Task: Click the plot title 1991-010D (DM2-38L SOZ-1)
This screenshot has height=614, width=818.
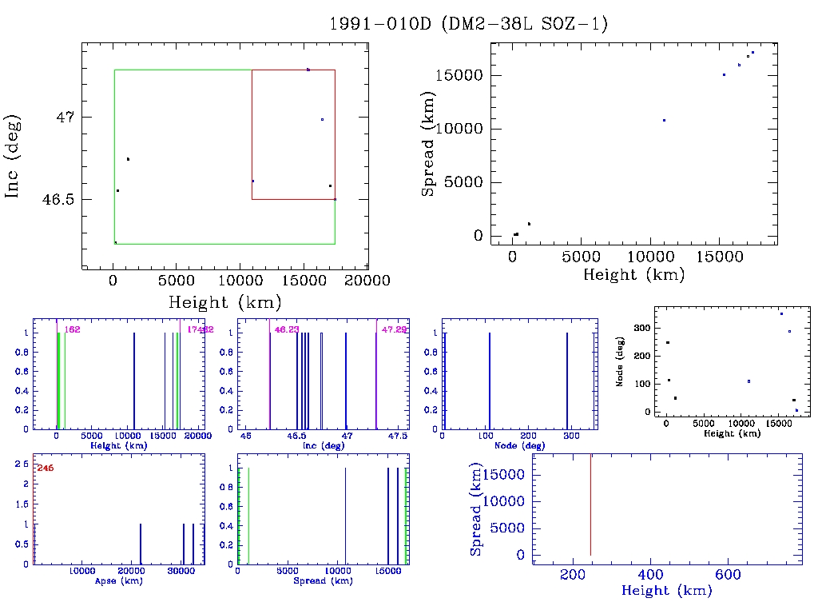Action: (469, 24)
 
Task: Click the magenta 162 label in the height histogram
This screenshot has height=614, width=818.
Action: (73, 329)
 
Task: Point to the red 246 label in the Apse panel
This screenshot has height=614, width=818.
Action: (46, 468)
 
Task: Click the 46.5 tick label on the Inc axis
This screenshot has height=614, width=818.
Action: (58, 199)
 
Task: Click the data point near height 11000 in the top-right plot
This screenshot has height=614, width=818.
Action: (664, 120)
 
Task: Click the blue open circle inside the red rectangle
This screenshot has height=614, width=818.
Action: (322, 119)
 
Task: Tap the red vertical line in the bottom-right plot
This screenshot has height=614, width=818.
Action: (590, 504)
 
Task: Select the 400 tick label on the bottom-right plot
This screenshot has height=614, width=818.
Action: (650, 575)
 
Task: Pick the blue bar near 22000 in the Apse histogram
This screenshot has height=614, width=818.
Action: (141, 544)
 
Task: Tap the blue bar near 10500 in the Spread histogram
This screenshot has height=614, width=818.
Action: (345, 516)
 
